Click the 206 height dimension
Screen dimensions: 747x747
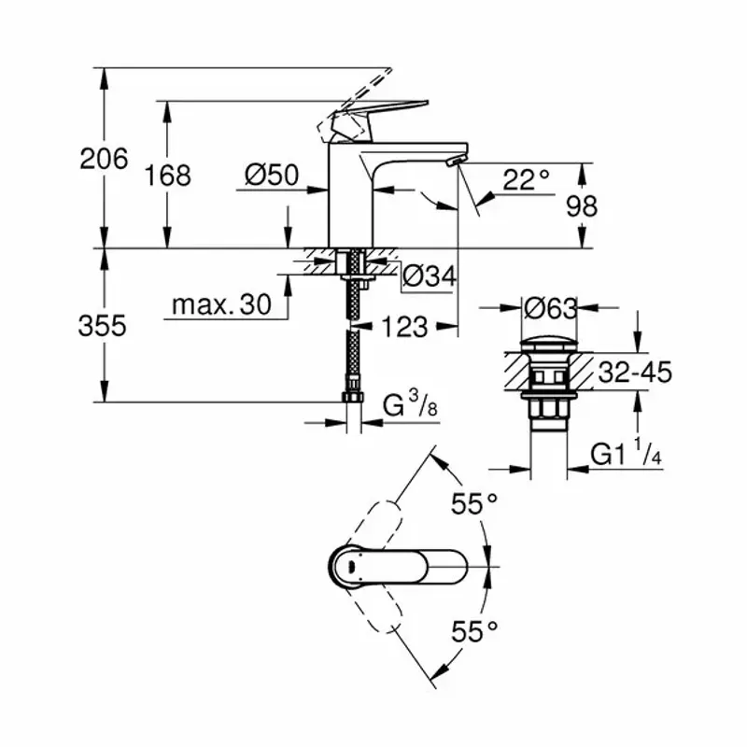(104, 160)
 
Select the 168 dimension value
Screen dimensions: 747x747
(168, 175)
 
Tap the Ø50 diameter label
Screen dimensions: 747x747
(272, 175)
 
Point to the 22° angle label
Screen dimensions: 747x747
(526, 179)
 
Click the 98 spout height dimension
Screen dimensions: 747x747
(581, 205)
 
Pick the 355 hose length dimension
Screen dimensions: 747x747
(103, 326)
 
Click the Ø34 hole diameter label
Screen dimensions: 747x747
(429, 275)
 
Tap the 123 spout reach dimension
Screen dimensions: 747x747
(405, 327)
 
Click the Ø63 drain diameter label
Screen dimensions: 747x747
(551, 306)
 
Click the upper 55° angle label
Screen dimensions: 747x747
(474, 505)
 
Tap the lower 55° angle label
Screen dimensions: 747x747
(474, 632)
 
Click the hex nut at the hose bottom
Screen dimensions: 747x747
(353, 398)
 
